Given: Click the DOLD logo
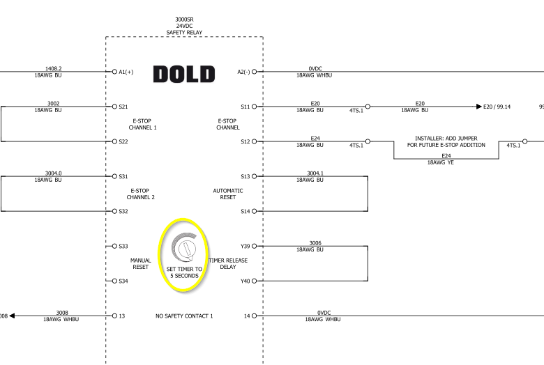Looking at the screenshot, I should (x=184, y=74).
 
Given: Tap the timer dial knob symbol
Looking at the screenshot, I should (x=186, y=248).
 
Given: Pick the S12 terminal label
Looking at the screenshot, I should (x=245, y=141).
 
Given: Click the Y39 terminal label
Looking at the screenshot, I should (x=245, y=246).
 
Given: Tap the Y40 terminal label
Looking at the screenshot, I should (x=245, y=281).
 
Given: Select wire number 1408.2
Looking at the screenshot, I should (x=54, y=68).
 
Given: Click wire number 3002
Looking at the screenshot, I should (x=54, y=103).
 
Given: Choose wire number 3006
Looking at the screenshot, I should (x=315, y=242).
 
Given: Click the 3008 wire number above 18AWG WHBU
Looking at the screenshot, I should (x=62, y=312).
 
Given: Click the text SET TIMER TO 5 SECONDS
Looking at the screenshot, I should (x=185, y=272).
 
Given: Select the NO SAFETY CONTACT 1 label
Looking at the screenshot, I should (x=184, y=316).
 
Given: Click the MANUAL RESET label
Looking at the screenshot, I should (x=141, y=263).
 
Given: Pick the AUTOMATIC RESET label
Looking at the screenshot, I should (x=228, y=194).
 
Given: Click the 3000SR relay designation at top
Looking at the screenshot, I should (x=184, y=20).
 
